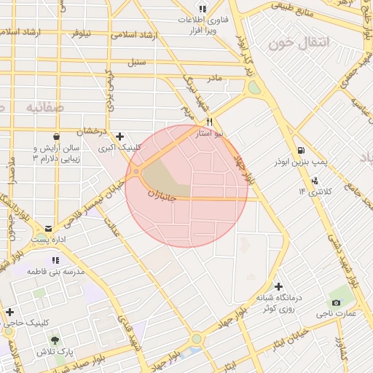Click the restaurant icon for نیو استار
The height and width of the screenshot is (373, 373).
coord(210,122)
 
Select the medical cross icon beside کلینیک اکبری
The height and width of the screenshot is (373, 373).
coord(119,136)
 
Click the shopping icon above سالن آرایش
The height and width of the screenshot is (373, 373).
coord(55,136)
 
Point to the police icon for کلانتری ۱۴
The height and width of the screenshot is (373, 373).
coord(314,180)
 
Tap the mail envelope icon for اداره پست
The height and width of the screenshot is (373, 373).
coord(48,228)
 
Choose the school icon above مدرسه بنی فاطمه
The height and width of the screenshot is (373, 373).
coord(55,259)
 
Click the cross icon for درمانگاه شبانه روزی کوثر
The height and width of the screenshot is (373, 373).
coord(278,286)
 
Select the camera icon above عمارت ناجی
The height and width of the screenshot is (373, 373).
coord(336,302)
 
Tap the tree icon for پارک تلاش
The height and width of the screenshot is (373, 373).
coord(55,339)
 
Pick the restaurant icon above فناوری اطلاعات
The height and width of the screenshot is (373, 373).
coord(202,9)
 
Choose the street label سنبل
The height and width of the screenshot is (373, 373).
coord(136,62)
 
